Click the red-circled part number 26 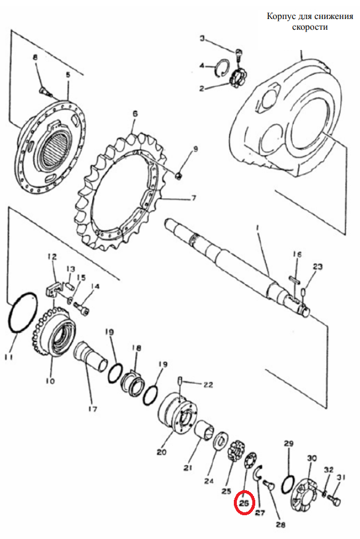[x=244, y=503]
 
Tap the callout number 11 [x=9, y=357]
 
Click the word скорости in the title [x=310, y=27]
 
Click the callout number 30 [x=312, y=458]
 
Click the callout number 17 [x=92, y=409]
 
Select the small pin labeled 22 [x=180, y=381]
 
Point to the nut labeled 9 [x=179, y=176]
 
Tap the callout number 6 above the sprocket [x=135, y=114]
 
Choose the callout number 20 [x=162, y=452]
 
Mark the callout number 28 [x=281, y=525]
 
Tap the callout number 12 [x=52, y=256]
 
